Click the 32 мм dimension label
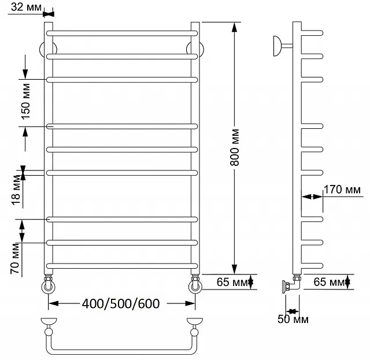pyautogui.click(x=26, y=7)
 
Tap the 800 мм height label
pyautogui.click(x=235, y=147)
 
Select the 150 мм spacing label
pyautogui.click(x=25, y=102)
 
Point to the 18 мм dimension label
pyautogui.click(x=16, y=190)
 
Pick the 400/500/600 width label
pyautogui.click(x=121, y=303)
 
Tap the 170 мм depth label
pyautogui.click(x=342, y=190)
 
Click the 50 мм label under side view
pyautogui.click(x=293, y=319)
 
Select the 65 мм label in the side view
pyautogui.click(x=329, y=281)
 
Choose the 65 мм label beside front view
pyautogui.click(x=232, y=281)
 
